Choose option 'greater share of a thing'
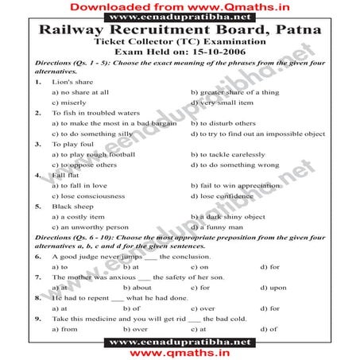coord(238,92)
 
